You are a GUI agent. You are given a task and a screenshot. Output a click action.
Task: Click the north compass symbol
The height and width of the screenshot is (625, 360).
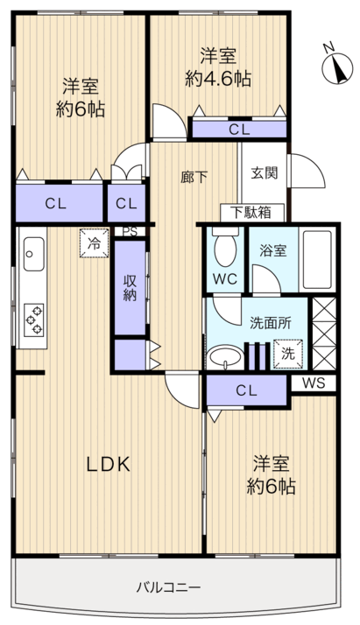tap(337, 68)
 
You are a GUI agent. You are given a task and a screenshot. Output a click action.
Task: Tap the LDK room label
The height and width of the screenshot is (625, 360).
tap(109, 464)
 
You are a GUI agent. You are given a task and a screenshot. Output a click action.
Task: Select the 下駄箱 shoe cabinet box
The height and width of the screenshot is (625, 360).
tap(252, 213)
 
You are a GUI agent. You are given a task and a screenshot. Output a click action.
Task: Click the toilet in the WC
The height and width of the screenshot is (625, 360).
tap(225, 248)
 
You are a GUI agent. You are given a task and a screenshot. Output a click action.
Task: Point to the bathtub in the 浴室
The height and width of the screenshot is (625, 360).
tap(317, 259)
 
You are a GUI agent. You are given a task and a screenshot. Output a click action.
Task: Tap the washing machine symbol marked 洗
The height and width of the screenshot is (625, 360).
tap(288, 354)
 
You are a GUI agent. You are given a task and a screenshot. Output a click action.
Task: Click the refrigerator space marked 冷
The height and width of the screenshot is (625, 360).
tap(95, 242)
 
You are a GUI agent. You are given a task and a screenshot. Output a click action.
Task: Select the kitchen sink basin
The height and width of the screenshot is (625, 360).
tap(34, 254)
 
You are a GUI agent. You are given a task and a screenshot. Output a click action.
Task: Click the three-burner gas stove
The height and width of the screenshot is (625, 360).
tap(34, 320)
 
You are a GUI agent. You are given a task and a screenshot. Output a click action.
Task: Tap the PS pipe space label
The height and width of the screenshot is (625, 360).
tap(129, 232)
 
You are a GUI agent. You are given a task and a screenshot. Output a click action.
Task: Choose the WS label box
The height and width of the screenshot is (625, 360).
tap(314, 383)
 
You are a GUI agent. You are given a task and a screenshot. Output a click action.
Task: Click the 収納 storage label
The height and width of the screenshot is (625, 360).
tap(130, 287)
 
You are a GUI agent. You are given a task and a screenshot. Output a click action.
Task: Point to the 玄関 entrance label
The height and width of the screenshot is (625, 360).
tap(264, 173)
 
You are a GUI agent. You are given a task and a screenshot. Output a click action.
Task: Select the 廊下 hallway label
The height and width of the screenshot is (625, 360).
tap(194, 177)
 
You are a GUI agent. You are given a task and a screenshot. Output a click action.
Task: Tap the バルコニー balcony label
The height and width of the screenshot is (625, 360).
tap(168, 586)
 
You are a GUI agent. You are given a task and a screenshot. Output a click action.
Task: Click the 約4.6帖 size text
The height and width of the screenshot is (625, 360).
tap(218, 79)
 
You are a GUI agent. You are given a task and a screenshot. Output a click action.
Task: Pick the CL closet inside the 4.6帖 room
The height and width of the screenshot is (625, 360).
tap(239, 130)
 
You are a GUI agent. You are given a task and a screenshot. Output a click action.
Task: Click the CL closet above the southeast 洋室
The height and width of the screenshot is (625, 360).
tap(247, 390)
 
